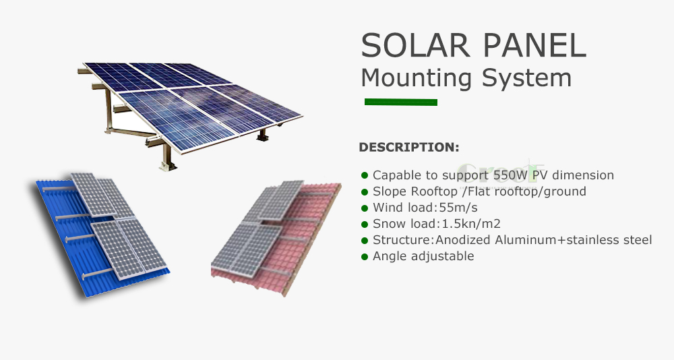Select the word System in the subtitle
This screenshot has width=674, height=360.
coord(526,78)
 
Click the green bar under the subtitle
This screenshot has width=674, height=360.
coord(400,102)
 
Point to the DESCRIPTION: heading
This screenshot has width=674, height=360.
coord(409,147)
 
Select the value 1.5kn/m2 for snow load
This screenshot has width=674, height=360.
coord(471,224)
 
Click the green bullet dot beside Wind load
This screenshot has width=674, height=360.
coord(365,208)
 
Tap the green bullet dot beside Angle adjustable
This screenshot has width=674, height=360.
coord(365,257)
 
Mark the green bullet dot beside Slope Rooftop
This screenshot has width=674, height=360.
coord(365,192)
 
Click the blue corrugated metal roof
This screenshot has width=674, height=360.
coord(69,241)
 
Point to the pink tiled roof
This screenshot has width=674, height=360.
coord(297,241)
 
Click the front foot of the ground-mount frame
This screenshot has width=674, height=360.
coord(167,164)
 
